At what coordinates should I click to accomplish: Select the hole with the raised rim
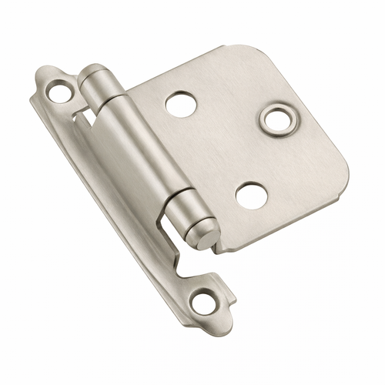tap(274, 118)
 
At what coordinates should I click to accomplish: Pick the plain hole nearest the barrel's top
tap(179, 104)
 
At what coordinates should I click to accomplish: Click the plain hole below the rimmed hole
tap(251, 196)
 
